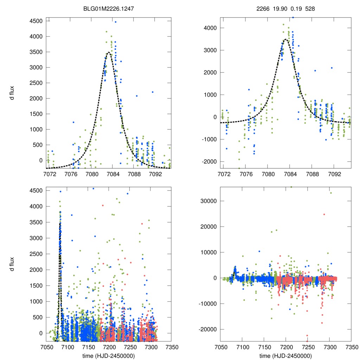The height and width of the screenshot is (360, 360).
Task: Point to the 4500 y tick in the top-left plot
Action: point(36,21)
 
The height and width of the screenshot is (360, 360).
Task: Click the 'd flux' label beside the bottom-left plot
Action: point(13,264)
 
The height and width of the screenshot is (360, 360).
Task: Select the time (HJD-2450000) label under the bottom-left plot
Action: point(109,355)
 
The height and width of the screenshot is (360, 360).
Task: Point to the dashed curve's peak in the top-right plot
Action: point(285,39)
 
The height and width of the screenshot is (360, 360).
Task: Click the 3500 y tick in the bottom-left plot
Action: point(36,222)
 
